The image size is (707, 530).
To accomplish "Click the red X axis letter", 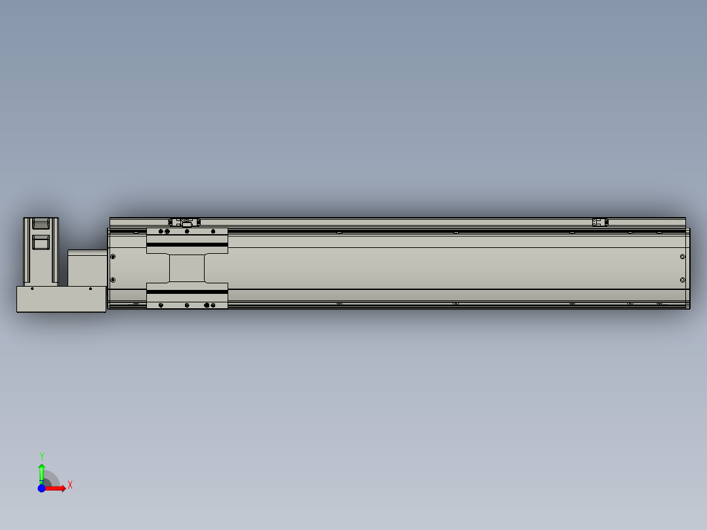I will (x=70, y=485).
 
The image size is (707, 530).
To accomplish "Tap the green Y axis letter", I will (x=41, y=455).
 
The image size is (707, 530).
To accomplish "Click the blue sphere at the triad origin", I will (x=41, y=488).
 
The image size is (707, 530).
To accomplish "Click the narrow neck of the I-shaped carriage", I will (x=187, y=268).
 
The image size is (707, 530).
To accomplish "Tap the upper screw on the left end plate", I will (x=113, y=256).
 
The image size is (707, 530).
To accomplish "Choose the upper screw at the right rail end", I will (x=683, y=256).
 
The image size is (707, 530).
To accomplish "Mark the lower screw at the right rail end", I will (x=683, y=280).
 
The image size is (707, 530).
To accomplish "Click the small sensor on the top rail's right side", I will (x=599, y=222).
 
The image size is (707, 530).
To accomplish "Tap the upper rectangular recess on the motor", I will (x=41, y=224).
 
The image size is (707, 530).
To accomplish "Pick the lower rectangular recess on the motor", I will (x=41, y=243).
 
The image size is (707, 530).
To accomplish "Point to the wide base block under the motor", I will (x=61, y=299).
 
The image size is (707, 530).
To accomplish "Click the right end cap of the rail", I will (x=687, y=268).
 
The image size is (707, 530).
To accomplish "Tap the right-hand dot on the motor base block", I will (x=91, y=288).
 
